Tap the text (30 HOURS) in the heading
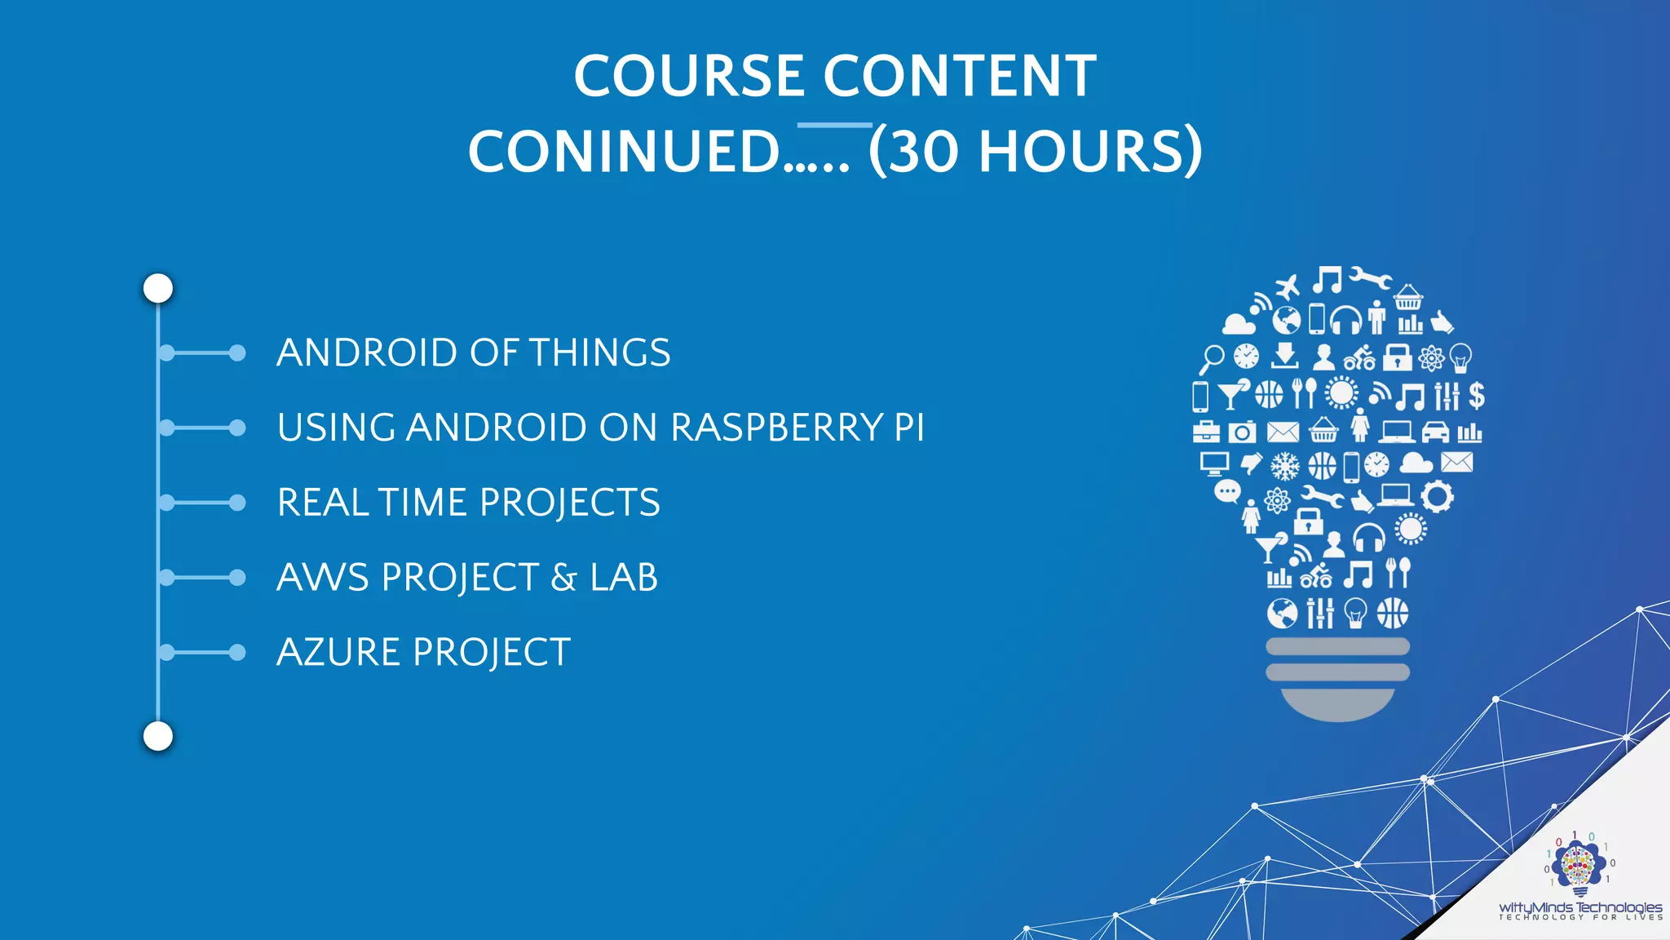1035,152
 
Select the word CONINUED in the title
625,152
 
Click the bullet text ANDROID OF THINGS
473,352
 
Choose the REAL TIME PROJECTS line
468,503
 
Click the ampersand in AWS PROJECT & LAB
563,578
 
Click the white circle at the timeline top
158,288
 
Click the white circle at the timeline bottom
158,736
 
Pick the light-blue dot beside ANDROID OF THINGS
237,352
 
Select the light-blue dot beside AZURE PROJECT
237,653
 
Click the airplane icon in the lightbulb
1288,287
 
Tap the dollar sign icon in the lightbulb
1476,396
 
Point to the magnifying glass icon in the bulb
1212,357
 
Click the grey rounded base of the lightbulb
1337,703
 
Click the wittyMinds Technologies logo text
1579,907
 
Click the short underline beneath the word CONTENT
834,125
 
